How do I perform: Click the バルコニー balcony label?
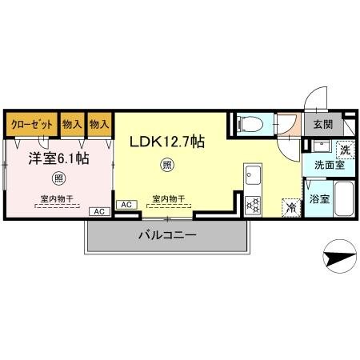click(x=166, y=236)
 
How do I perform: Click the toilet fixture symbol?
click(x=250, y=124)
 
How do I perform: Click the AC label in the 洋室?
click(x=100, y=211)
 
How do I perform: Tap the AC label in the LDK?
click(x=126, y=205)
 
